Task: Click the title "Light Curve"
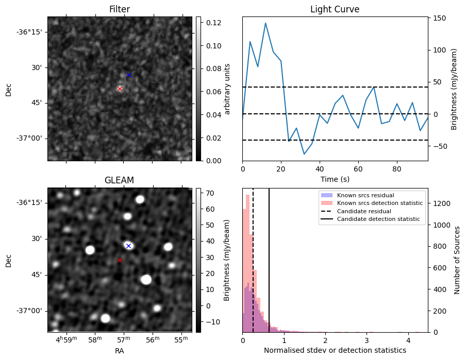point(335,9)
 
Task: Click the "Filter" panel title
point(120,9)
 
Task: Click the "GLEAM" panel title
point(120,180)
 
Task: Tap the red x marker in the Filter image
point(120,89)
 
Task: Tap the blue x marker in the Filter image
point(129,75)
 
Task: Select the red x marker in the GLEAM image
point(120,260)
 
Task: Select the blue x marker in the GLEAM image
point(128,246)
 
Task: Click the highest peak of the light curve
point(265,23)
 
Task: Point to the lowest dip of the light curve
point(304,154)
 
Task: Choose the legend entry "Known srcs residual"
point(365,195)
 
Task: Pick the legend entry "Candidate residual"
point(364,211)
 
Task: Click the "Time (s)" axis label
point(335,178)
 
